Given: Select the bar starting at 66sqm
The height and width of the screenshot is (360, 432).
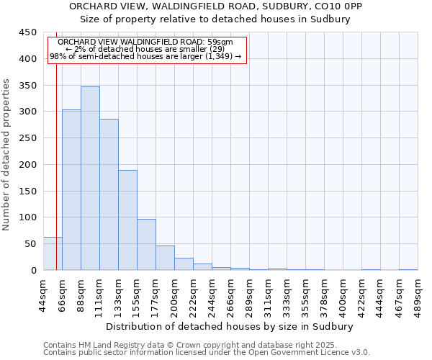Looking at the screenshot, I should click(71, 190).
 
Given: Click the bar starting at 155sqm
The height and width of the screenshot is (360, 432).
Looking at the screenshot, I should click(146, 245).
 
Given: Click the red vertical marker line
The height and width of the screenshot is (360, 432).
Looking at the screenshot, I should click(56, 144).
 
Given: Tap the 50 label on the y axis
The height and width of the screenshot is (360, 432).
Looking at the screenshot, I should click(30, 244).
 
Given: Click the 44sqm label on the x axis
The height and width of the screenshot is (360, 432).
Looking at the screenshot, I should click(43, 294).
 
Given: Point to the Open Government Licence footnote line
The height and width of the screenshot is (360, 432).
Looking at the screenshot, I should click(207, 352).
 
